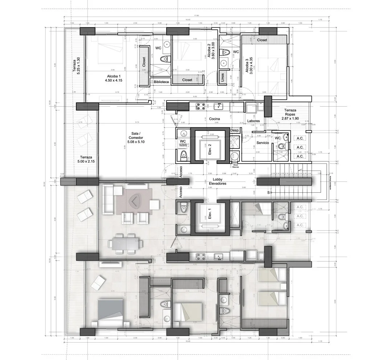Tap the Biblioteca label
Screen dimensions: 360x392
[x=161, y=82]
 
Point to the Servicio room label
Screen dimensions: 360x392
[x=262, y=143]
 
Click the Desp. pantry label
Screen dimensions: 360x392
[x=234, y=130]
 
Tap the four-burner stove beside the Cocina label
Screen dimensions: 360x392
[x=200, y=107]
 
